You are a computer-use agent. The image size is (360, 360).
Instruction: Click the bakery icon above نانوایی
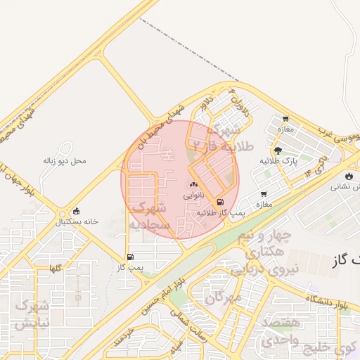pyautogui.click(x=193, y=184)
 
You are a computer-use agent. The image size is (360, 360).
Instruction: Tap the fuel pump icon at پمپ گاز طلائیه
pyautogui.click(x=221, y=202)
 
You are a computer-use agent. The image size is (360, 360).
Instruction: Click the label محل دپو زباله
pyautogui.click(x=64, y=161)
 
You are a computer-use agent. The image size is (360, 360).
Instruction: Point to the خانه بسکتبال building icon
pyautogui.click(x=77, y=211)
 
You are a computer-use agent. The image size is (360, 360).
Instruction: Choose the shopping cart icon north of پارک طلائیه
pyautogui.click(x=285, y=119)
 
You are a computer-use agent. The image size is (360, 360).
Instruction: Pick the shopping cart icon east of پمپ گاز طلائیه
pyautogui.click(x=264, y=194)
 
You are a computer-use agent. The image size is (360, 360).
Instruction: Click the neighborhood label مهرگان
pyautogui.click(x=225, y=297)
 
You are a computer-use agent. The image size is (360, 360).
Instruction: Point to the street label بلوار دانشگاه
pyautogui.click(x=327, y=302)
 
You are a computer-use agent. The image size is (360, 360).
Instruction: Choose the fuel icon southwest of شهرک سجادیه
pyautogui.click(x=130, y=257)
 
